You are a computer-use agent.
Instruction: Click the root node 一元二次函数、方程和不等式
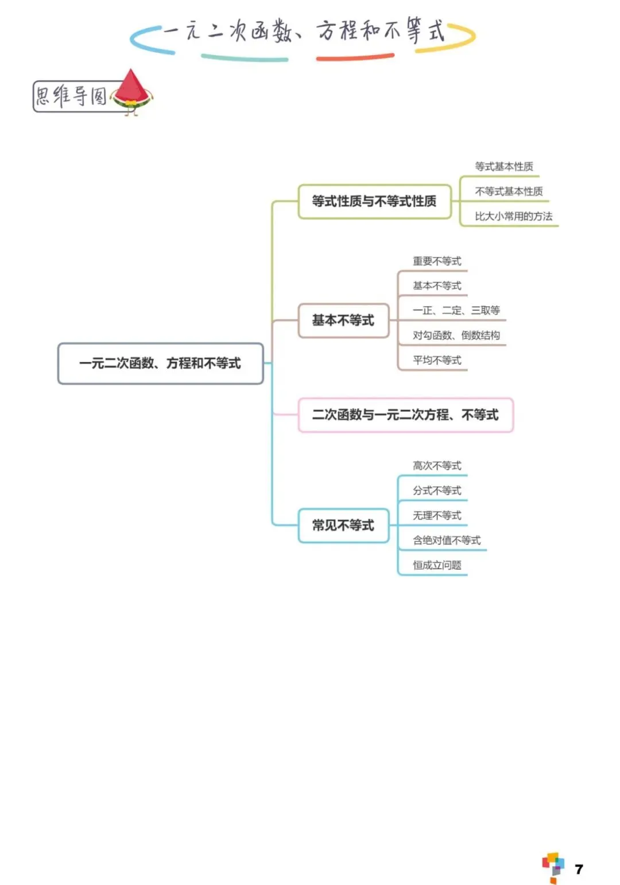(x=160, y=364)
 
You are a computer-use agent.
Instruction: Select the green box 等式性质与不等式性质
(x=374, y=201)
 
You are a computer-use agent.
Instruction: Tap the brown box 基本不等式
(x=343, y=321)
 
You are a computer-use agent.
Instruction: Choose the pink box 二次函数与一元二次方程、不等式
(x=405, y=415)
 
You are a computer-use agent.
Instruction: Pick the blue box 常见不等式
(x=343, y=525)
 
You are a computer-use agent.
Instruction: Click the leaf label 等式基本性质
(x=504, y=167)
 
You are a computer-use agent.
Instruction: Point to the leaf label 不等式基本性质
(x=509, y=192)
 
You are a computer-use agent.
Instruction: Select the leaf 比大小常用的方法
(x=513, y=216)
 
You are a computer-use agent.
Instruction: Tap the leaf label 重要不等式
(x=437, y=262)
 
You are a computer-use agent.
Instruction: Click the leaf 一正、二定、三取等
(x=456, y=311)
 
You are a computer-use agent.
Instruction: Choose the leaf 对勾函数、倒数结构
(x=456, y=336)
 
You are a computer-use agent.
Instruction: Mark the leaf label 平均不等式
(x=437, y=360)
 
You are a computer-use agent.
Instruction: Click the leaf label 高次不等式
(x=437, y=466)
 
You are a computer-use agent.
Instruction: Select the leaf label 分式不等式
(x=437, y=490)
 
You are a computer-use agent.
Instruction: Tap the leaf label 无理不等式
(x=437, y=516)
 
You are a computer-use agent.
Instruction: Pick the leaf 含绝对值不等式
(x=447, y=540)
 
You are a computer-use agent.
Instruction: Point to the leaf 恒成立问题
(x=437, y=565)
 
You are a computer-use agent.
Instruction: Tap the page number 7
(x=579, y=869)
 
